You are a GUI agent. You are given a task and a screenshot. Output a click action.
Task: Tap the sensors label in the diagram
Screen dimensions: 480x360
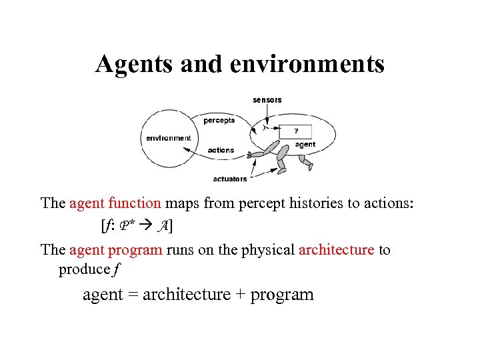tap(267, 100)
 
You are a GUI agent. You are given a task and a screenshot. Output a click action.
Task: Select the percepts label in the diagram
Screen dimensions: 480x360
tap(219, 121)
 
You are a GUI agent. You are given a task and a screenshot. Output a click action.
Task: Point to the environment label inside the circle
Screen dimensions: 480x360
tap(169, 138)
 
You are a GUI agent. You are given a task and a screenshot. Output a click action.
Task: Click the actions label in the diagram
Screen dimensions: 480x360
tap(221, 150)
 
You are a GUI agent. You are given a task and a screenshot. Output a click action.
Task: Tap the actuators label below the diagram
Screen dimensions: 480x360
tap(230, 179)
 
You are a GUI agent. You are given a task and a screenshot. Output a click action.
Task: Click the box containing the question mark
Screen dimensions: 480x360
tap(296, 131)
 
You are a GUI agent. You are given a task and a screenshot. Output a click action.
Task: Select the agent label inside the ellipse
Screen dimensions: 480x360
tap(305, 144)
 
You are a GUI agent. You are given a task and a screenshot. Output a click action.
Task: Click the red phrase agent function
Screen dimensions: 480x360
tap(115, 203)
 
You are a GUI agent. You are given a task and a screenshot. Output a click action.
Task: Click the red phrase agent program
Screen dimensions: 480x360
tap(115, 250)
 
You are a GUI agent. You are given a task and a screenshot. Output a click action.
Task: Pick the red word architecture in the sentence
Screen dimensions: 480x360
tap(336, 250)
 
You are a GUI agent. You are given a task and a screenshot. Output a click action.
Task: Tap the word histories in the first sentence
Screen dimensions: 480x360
tap(317, 203)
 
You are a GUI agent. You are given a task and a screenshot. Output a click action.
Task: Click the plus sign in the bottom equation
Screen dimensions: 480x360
tap(242, 295)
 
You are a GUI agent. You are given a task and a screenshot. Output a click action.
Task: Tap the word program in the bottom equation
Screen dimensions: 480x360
tap(282, 295)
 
